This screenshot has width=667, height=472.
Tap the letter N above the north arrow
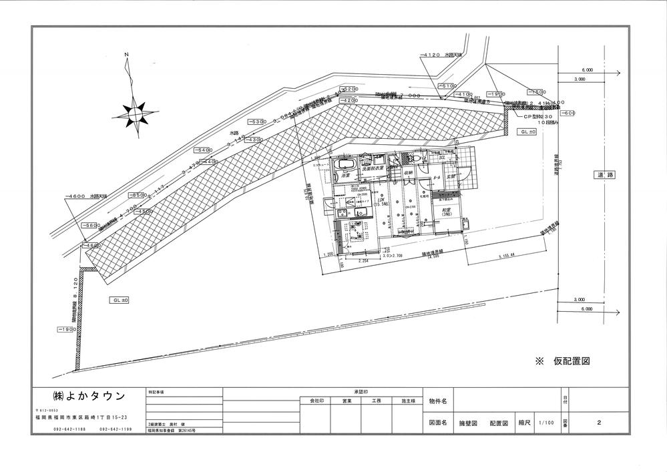125,54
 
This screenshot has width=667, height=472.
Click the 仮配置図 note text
572,361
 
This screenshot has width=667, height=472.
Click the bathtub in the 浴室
345,164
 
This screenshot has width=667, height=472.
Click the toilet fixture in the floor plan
414,159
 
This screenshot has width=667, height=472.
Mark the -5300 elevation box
256,122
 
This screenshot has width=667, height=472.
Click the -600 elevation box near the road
567,113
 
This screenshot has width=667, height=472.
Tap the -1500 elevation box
536,93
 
